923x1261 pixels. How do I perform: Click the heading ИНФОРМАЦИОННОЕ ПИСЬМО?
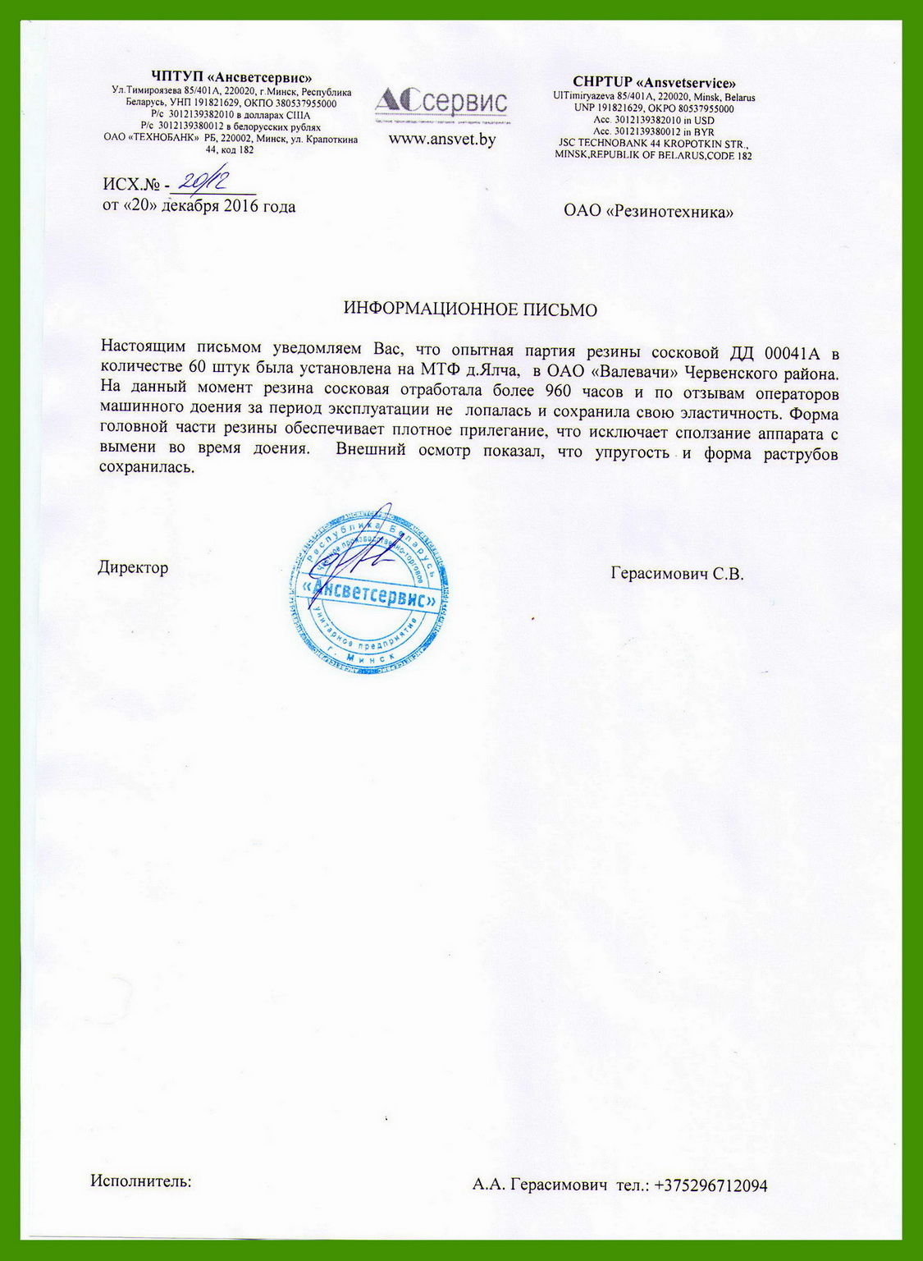pyautogui.click(x=469, y=310)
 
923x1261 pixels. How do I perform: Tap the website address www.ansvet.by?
pyautogui.click(x=441, y=140)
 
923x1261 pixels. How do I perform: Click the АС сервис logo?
pyautogui.click(x=441, y=102)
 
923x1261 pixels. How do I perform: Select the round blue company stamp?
pyautogui.click(x=368, y=587)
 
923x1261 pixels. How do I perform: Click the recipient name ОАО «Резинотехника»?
pyautogui.click(x=648, y=212)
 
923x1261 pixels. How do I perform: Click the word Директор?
pyautogui.click(x=133, y=567)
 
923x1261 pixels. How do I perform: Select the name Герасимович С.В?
pyautogui.click(x=677, y=574)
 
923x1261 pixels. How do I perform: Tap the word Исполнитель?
pyautogui.click(x=140, y=1181)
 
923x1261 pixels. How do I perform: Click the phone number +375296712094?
pyautogui.click(x=711, y=1185)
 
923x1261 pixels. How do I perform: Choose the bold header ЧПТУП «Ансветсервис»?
pyautogui.click(x=231, y=78)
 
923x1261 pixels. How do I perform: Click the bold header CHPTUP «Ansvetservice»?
pyautogui.click(x=654, y=82)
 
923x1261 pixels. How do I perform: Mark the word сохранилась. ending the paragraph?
pyautogui.click(x=147, y=468)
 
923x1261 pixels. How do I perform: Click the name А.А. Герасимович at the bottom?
pyautogui.click(x=539, y=1185)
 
